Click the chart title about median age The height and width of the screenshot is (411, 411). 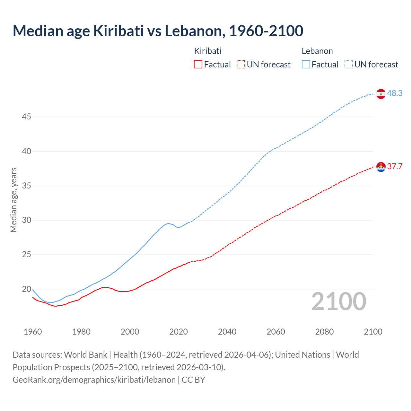click(158, 31)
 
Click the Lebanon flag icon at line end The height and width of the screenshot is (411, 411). click(381, 94)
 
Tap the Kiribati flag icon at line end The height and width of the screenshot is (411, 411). click(381, 167)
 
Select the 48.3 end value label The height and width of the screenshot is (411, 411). click(395, 93)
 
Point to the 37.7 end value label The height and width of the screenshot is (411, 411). click(395, 166)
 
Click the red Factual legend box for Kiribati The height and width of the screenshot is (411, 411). click(198, 64)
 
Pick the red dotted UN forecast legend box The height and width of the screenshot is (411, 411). click(241, 64)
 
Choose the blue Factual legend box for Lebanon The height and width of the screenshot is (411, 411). click(306, 64)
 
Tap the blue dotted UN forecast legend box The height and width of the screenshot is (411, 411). click(349, 64)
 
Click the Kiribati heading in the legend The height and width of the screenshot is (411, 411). click(208, 51)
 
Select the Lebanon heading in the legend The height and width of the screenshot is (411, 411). click(317, 51)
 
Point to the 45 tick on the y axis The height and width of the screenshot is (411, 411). click(26, 117)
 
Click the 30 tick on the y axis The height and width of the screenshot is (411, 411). click(26, 220)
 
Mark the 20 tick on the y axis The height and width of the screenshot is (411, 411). click(26, 289)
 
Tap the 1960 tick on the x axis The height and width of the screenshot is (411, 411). click(33, 332)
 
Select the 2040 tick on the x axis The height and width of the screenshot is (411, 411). click(227, 332)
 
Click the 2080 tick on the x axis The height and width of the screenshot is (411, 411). click(324, 332)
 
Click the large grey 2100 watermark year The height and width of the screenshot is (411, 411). click(339, 301)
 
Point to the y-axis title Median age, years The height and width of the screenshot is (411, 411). click(13, 200)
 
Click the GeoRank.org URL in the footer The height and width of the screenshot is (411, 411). click(94, 380)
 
